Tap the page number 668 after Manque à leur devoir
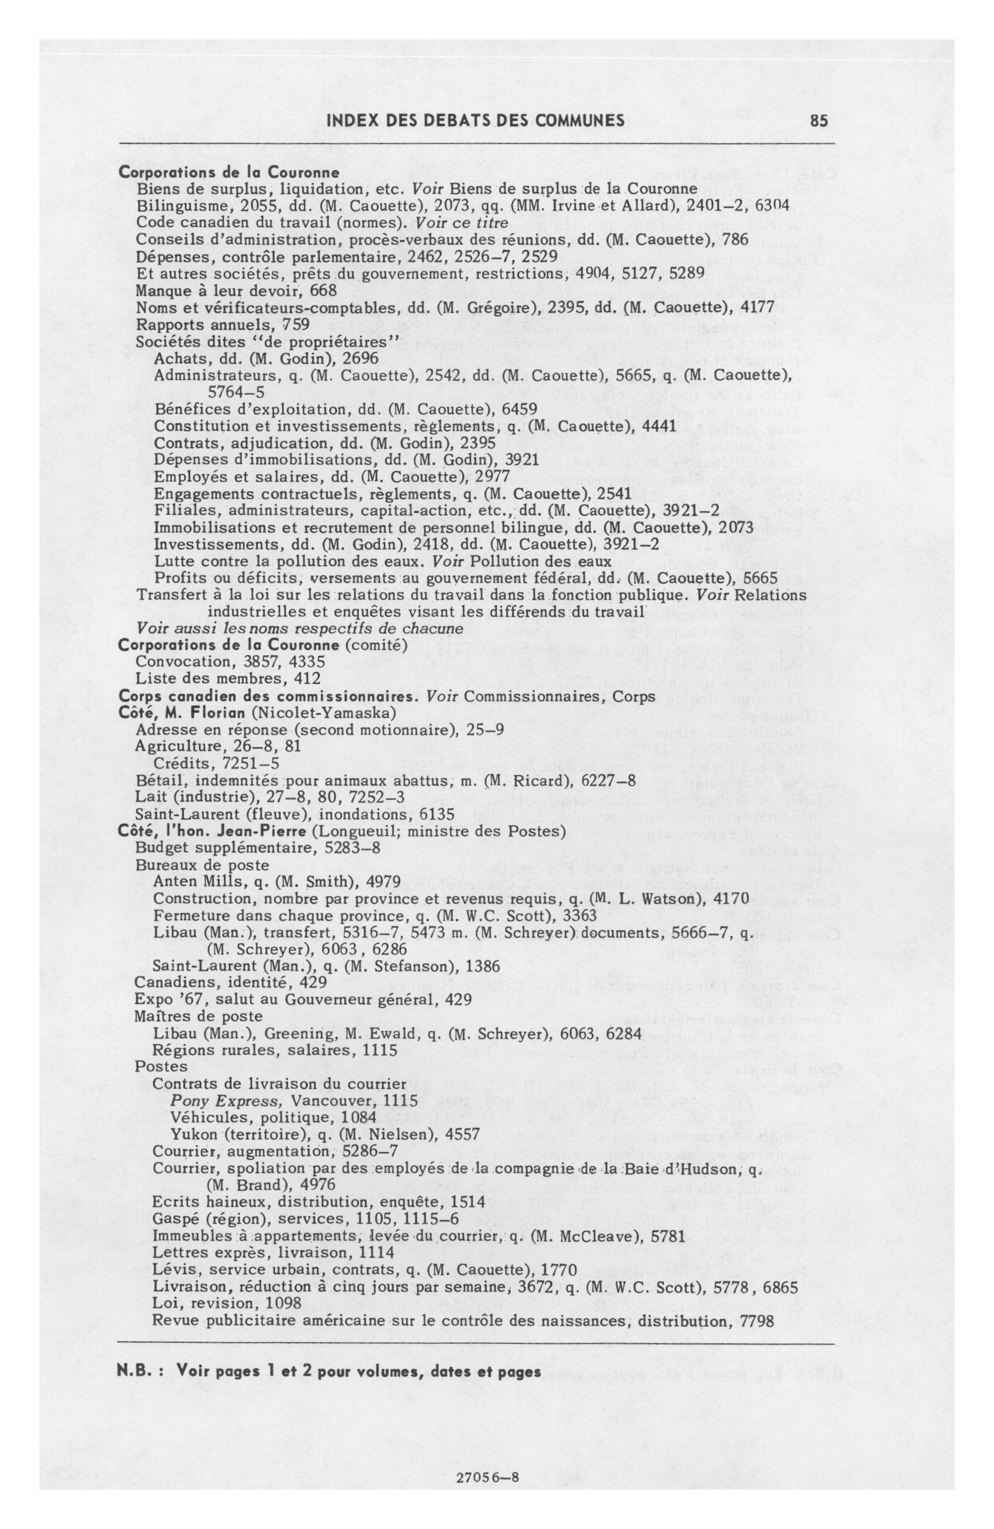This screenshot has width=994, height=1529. (324, 290)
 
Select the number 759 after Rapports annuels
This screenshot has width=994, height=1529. (296, 324)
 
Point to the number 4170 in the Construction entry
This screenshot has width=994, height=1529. (734, 898)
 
